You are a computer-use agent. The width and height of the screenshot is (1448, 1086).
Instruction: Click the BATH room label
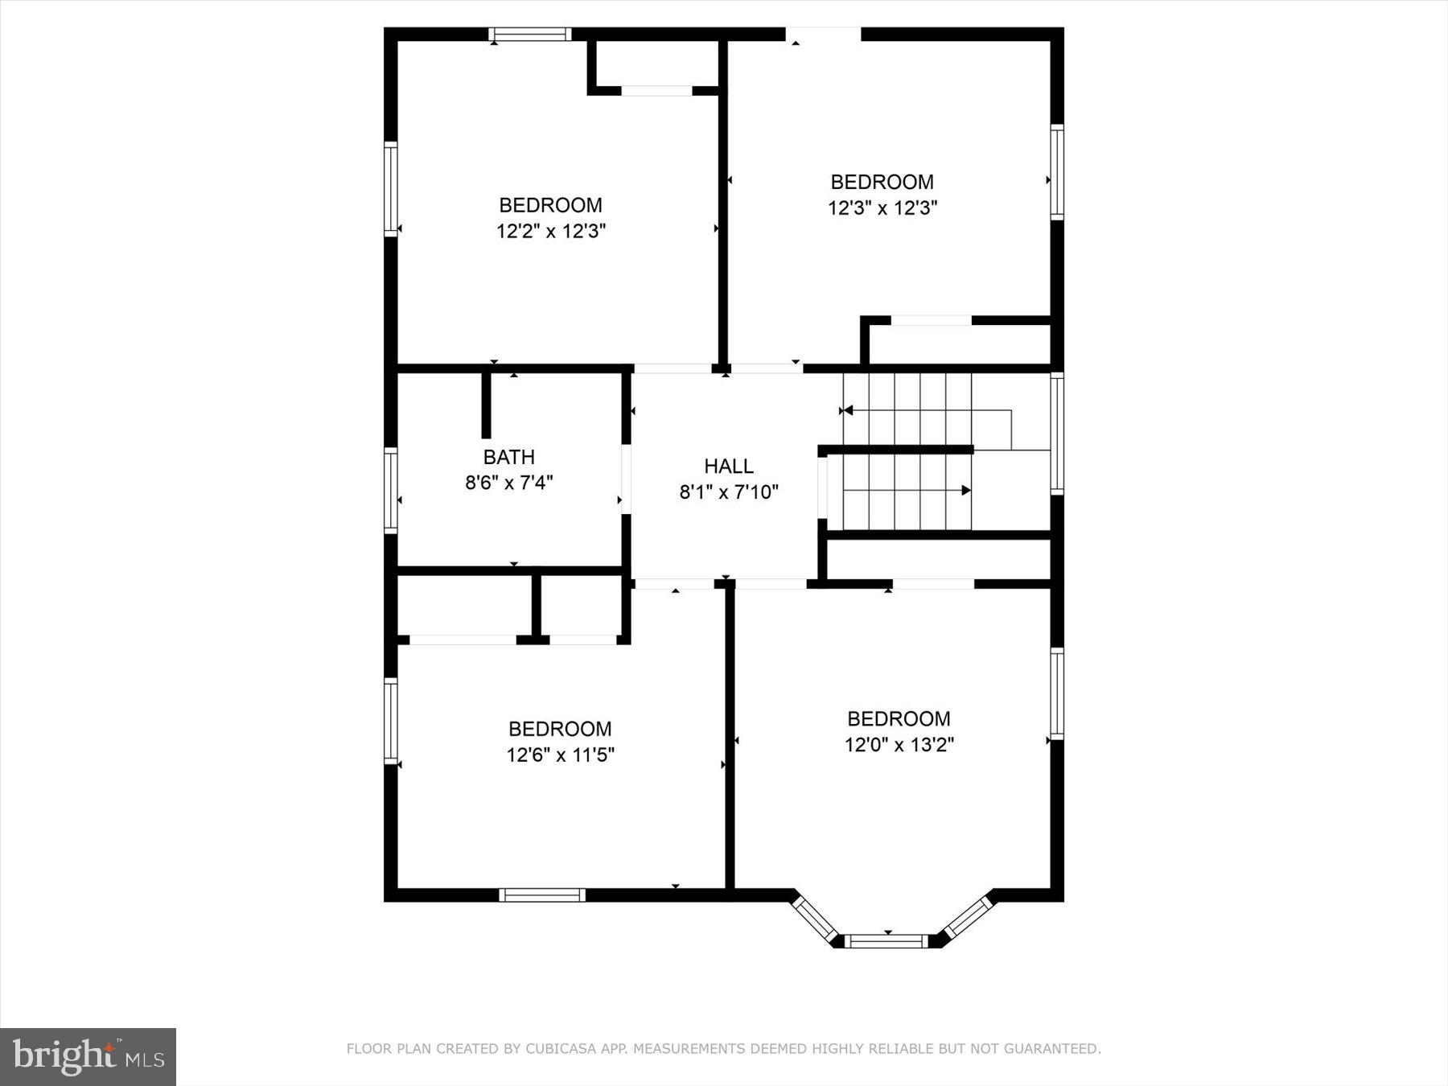click(508, 457)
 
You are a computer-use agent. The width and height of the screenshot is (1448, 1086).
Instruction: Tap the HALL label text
click(729, 466)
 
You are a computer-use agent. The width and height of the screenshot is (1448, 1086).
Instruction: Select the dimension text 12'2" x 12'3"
click(551, 232)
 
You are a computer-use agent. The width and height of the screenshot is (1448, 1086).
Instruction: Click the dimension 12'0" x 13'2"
click(899, 745)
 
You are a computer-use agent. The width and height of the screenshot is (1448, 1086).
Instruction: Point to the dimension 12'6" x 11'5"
click(560, 755)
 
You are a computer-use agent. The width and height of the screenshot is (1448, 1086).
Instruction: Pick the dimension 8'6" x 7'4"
click(508, 483)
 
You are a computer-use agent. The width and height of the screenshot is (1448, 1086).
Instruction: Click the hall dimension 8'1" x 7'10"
click(729, 492)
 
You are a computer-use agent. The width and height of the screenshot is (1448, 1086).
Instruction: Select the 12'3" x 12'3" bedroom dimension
click(882, 208)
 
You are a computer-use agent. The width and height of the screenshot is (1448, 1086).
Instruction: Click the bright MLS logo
click(88, 1056)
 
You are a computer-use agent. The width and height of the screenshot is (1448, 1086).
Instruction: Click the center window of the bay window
click(888, 941)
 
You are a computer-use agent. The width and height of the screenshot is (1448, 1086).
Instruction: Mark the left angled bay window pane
click(814, 918)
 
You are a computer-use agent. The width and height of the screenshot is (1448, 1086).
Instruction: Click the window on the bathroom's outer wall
click(391, 490)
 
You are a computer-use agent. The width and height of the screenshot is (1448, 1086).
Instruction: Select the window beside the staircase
click(1057, 433)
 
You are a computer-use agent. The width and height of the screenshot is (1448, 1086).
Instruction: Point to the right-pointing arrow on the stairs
click(966, 490)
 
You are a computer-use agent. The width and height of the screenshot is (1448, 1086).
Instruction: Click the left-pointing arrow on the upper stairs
click(846, 410)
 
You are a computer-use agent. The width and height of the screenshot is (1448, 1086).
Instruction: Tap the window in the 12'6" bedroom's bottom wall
click(541, 895)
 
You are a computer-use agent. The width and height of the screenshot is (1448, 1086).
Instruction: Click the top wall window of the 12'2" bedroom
click(530, 35)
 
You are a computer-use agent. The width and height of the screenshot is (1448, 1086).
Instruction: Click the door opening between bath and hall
click(626, 479)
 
